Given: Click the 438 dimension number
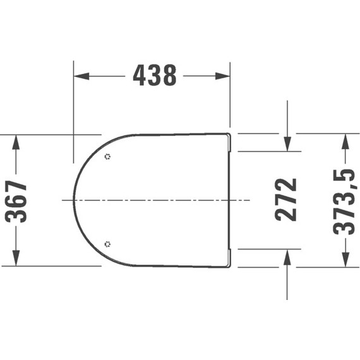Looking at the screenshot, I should tap(154, 76).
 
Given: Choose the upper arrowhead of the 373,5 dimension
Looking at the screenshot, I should tap(345, 139).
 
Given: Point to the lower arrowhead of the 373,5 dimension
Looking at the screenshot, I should tap(345, 261).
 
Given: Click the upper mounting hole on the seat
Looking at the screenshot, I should tap(108, 156).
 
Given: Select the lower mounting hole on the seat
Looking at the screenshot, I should tap(108, 244).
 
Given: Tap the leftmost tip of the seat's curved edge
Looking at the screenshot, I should tap(75, 200).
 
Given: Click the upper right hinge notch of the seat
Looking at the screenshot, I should tap(231, 144).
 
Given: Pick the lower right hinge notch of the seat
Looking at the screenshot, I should tap(231, 256).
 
